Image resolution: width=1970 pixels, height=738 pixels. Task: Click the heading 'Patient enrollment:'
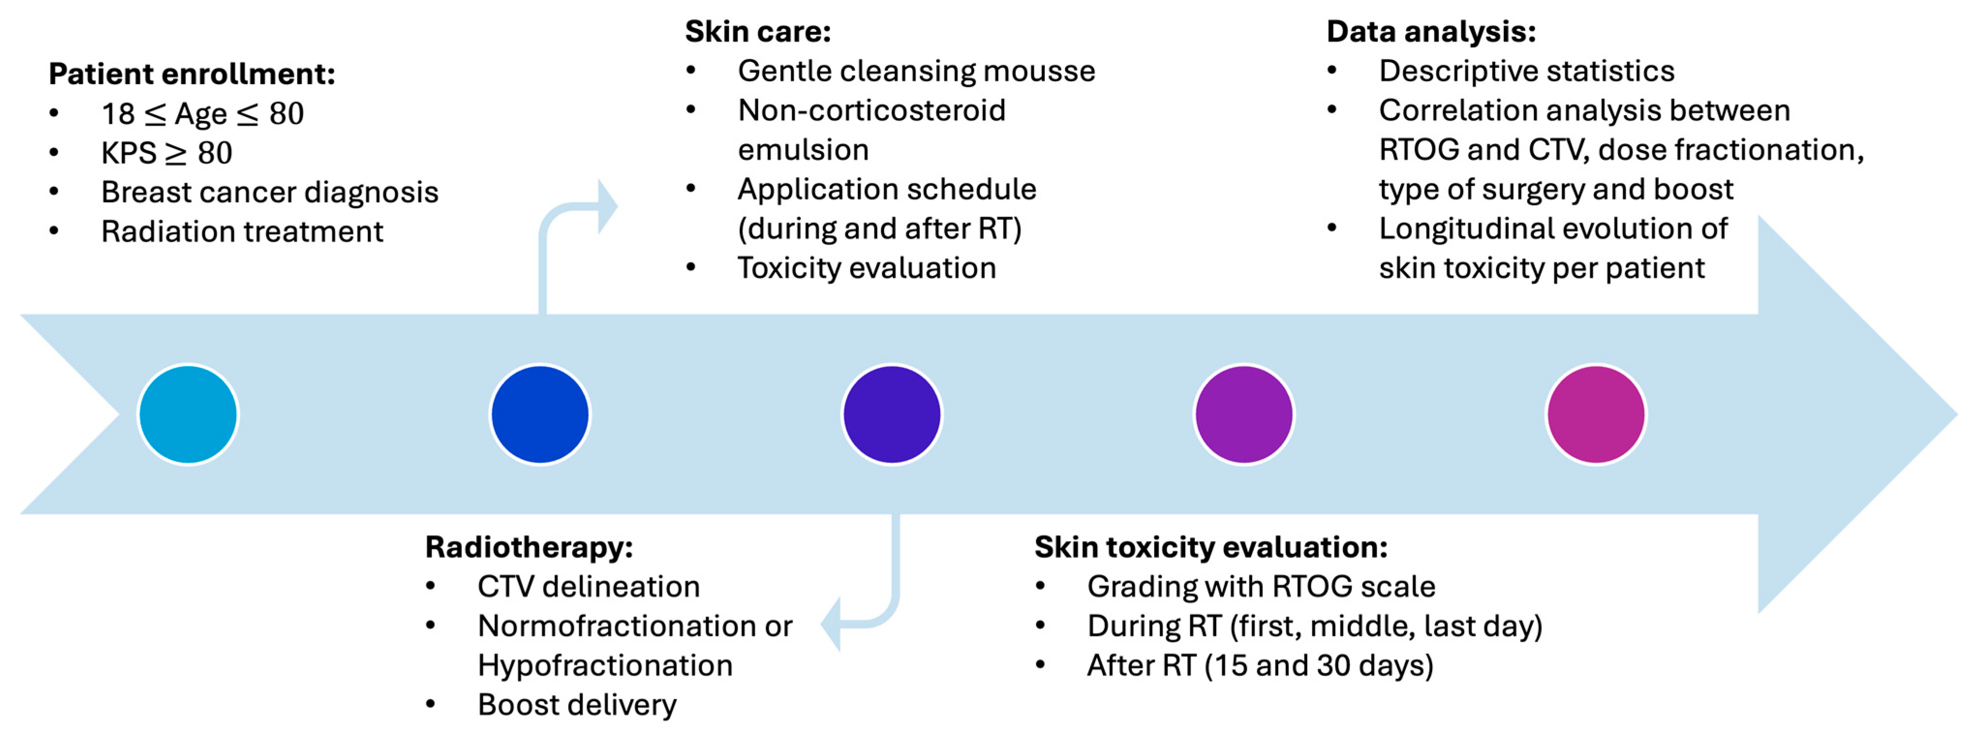pos(192,74)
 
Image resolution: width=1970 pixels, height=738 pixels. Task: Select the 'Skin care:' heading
pos(757,31)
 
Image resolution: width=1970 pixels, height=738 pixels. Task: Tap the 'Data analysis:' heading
pos(1431,31)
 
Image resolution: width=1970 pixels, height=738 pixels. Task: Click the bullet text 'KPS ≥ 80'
pos(167,153)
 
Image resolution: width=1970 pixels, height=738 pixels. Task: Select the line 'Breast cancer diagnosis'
pos(269,192)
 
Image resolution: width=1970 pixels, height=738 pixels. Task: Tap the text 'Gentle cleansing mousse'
pos(916,71)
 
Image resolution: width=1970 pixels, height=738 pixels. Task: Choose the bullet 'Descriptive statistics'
pos(1527,71)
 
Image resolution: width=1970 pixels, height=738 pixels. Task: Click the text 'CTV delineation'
pos(589,587)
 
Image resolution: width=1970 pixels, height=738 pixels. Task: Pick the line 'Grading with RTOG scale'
pos(1261,587)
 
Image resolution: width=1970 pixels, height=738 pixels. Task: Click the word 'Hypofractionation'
pos(605,665)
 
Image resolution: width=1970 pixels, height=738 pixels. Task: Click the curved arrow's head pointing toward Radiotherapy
pos(830,624)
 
